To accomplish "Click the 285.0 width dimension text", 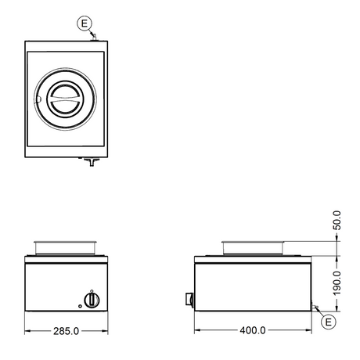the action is (x=66, y=331).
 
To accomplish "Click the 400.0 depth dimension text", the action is (x=253, y=330).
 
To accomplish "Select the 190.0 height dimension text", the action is (x=337, y=283).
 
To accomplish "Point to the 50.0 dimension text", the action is (x=337, y=220).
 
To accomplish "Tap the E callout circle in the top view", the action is (x=85, y=23).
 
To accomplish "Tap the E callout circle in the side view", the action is (x=328, y=322).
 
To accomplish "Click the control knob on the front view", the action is (x=92, y=300).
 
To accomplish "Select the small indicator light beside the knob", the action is (x=80, y=306).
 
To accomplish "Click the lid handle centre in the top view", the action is (x=65, y=99).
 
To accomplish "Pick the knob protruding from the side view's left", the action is (x=189, y=299).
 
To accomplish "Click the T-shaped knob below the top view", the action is (x=92, y=161).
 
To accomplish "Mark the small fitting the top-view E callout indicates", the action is (x=94, y=37).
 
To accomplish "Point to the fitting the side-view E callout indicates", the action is (x=315, y=308).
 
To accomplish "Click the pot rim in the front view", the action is (x=66, y=243).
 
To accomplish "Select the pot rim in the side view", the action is (x=253, y=243).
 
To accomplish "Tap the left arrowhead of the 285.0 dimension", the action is (x=27, y=331).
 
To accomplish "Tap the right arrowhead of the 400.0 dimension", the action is (x=308, y=330).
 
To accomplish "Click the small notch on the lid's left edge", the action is (x=38, y=99).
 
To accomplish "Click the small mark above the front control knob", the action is (x=92, y=290).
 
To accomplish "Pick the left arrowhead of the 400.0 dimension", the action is (x=197, y=330).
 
